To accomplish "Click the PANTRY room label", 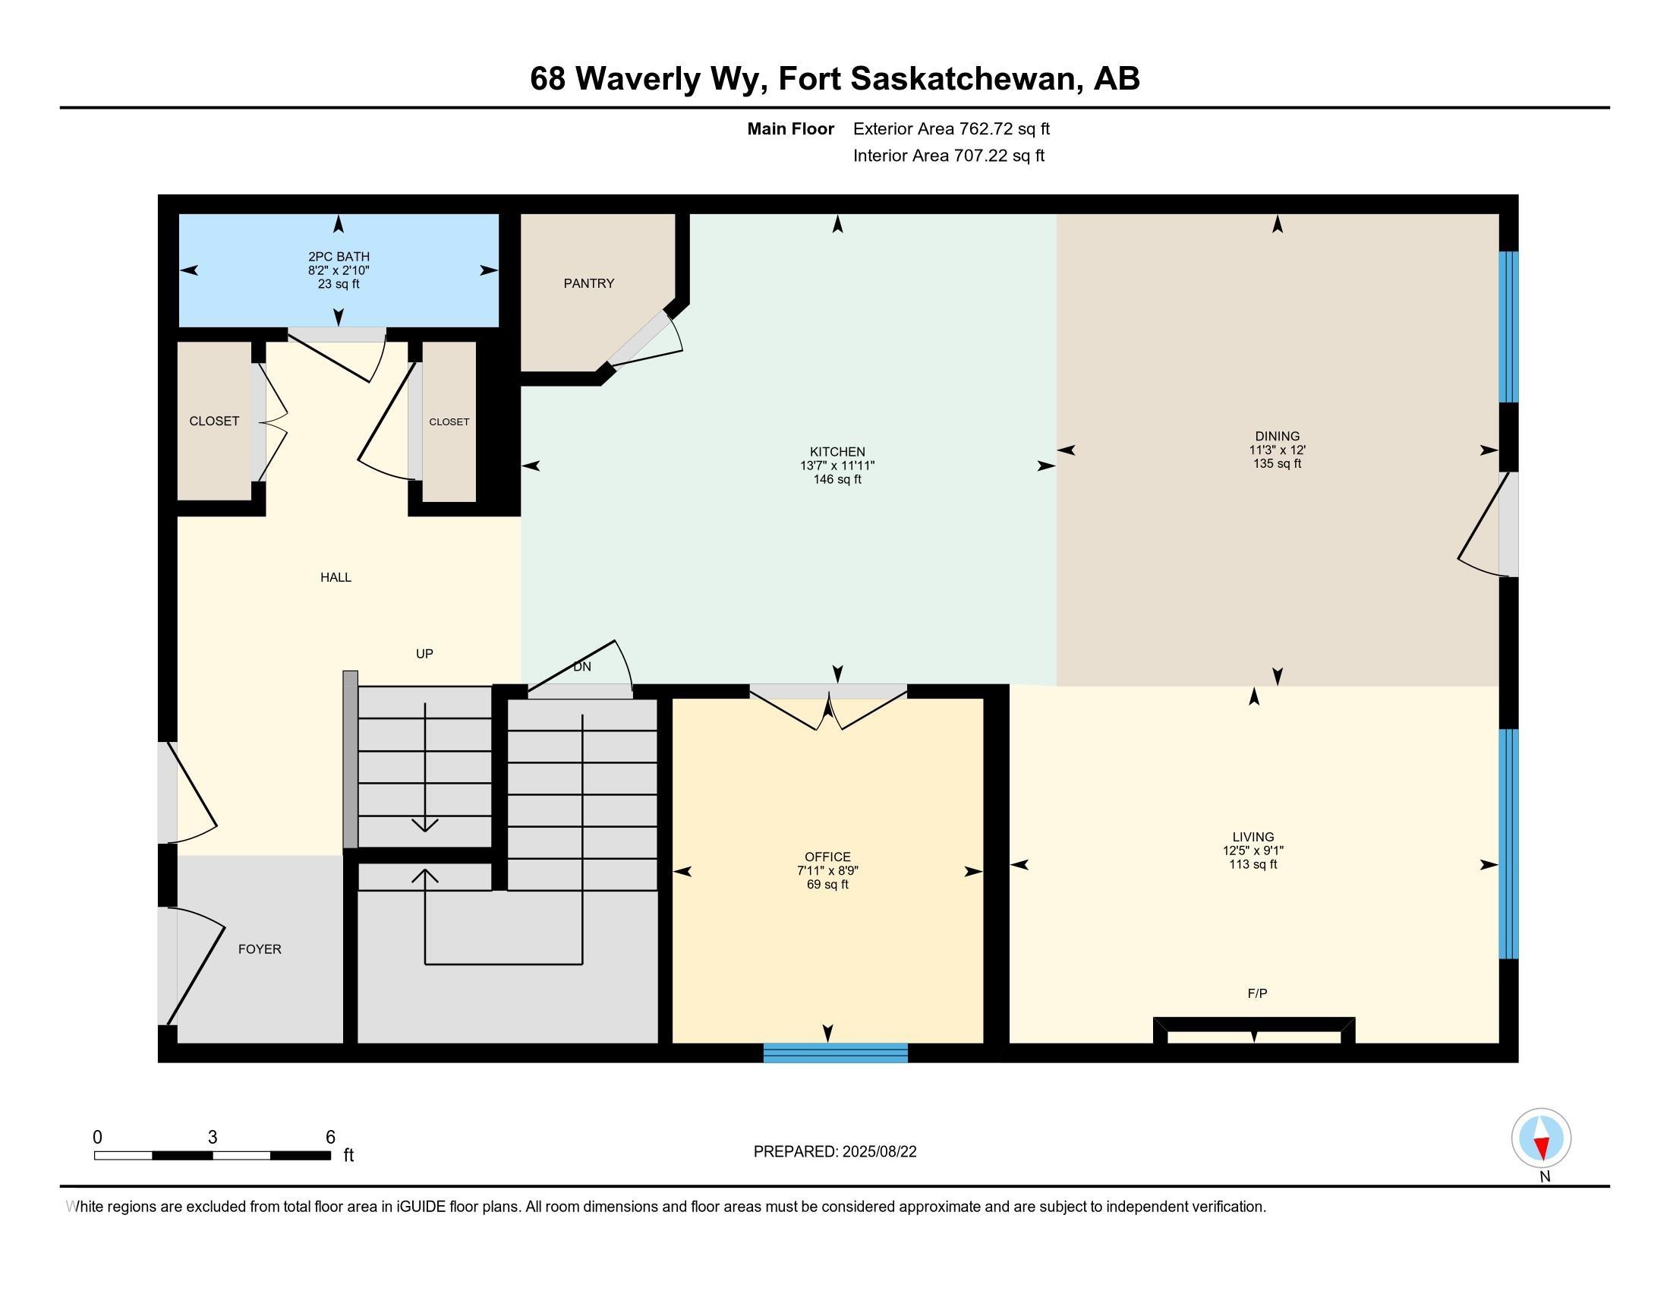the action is click(x=589, y=284).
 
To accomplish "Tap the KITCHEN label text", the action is click(x=837, y=452).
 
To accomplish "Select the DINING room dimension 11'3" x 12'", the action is click(x=1277, y=450).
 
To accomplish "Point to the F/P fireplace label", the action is click(x=1257, y=993).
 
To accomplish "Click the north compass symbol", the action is click(x=1542, y=1138).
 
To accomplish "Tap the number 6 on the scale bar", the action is click(x=330, y=1138).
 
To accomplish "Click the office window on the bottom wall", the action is click(x=835, y=1053).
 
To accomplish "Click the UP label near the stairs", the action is click(x=424, y=654).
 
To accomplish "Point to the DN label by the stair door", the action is click(x=582, y=667).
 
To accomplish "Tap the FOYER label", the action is click(x=260, y=949).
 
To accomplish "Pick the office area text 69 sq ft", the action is click(x=827, y=885).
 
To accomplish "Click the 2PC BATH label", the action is click(x=339, y=257).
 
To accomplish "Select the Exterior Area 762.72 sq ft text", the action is click(x=951, y=129).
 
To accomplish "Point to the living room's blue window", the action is click(x=1508, y=844).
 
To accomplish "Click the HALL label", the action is click(x=336, y=577).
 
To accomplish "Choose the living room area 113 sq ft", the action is click(x=1252, y=865).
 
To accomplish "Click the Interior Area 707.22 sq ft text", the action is click(x=948, y=156).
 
